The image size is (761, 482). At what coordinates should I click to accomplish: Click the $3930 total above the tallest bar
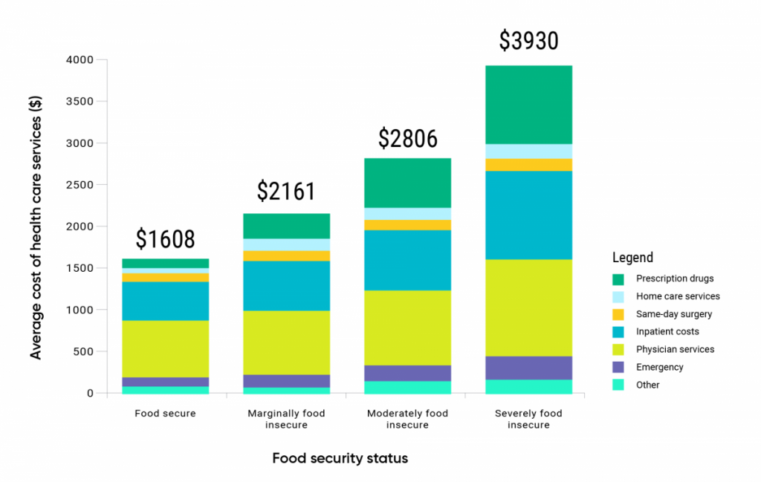click(x=528, y=41)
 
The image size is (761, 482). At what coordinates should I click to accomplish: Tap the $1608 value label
click(x=165, y=239)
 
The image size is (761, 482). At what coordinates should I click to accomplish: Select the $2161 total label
click(x=286, y=192)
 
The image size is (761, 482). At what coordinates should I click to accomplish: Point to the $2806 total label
click(x=407, y=139)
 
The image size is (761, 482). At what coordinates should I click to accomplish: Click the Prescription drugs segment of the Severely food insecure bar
click(x=528, y=104)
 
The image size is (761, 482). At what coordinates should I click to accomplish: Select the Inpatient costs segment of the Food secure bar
click(x=165, y=301)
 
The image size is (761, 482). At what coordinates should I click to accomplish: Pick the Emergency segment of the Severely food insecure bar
click(x=528, y=368)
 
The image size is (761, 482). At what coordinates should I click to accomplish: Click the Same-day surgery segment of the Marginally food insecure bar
click(x=286, y=255)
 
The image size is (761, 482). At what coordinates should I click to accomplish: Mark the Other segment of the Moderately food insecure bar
click(x=407, y=387)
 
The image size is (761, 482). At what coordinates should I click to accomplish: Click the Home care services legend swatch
click(x=618, y=296)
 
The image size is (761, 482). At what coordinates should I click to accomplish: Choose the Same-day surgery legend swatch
click(x=618, y=314)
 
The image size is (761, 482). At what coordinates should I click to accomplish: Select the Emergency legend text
click(x=659, y=367)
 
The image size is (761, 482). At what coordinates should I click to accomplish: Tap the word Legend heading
click(x=632, y=258)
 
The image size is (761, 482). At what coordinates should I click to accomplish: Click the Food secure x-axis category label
click(x=165, y=414)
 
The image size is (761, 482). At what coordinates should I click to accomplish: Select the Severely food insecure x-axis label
click(x=528, y=419)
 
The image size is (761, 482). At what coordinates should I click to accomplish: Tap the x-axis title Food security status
click(x=340, y=458)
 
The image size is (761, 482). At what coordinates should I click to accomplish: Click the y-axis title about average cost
click(x=36, y=227)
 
